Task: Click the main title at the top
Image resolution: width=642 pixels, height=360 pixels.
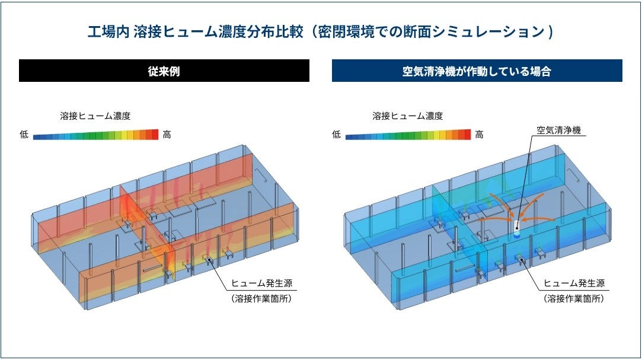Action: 320,31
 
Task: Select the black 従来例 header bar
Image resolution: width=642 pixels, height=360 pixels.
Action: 164,71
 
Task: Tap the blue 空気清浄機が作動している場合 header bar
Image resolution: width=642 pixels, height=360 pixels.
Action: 477,71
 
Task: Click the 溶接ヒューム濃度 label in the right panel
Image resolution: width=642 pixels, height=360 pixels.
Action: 408,116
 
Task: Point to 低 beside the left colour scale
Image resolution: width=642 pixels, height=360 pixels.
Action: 24,135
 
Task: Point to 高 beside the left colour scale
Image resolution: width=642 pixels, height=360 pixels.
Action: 167,135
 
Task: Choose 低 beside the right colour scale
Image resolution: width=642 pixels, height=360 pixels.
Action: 336,135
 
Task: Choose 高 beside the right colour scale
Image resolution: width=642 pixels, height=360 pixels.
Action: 479,135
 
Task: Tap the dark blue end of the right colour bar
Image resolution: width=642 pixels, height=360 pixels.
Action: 349,135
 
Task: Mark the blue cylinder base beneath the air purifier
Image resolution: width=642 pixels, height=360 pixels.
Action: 516,235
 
